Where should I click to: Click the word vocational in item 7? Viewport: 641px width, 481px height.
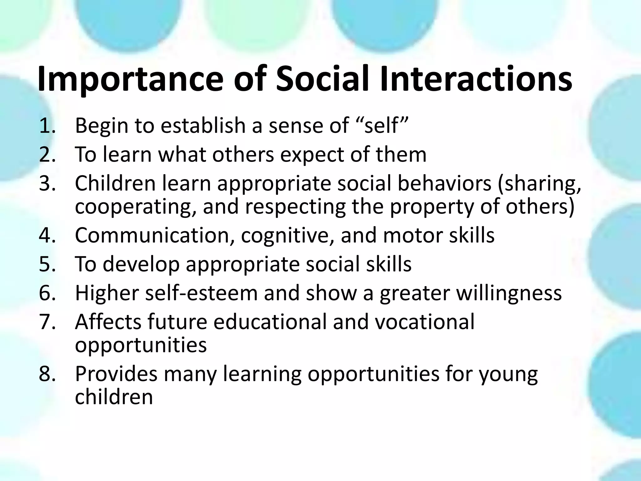(424, 322)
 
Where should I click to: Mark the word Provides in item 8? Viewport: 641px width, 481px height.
(116, 374)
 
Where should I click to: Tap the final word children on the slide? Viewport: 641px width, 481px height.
(114, 397)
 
